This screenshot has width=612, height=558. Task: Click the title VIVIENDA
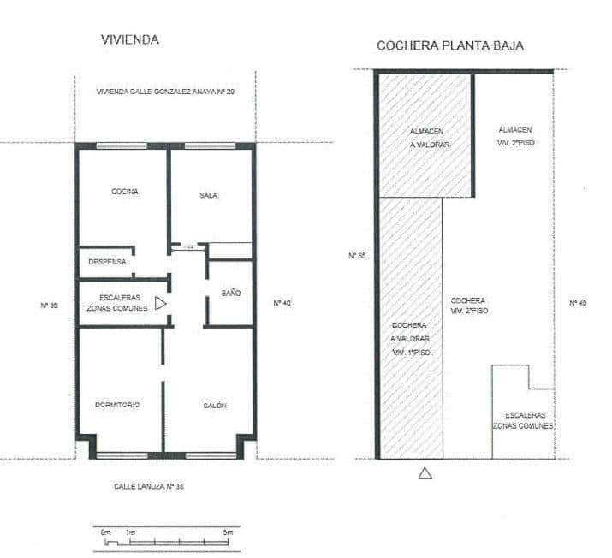130,40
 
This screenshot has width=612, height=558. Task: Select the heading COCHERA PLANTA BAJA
450,45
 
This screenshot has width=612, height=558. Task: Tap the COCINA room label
125,192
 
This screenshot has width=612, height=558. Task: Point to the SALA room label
208,196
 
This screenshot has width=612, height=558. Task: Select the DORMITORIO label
117,404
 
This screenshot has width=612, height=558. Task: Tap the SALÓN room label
215,405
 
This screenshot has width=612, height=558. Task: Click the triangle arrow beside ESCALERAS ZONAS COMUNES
160,302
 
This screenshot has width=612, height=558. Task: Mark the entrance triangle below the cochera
425,472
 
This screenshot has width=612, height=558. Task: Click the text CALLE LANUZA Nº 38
149,486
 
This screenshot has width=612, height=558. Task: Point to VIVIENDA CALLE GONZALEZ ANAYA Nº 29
166,92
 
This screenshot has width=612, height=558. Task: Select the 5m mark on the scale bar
228,532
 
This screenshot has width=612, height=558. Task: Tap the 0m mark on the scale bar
106,532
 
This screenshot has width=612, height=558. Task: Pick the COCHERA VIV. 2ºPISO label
468,306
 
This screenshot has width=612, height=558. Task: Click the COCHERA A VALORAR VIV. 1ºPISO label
410,339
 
